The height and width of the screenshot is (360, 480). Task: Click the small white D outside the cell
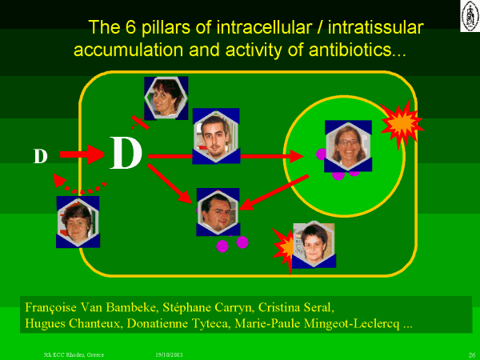[x=41, y=156]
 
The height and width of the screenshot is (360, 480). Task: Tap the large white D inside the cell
[x=126, y=153]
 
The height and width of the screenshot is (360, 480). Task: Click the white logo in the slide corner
[x=470, y=16]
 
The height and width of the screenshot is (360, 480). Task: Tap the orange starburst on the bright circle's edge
[x=402, y=123]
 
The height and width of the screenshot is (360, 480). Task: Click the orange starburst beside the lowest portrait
[x=284, y=249]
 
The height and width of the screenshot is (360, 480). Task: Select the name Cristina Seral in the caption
[x=294, y=307]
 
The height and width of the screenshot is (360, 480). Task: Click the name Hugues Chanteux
[x=72, y=323]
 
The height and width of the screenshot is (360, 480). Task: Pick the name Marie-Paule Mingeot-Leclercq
[x=317, y=324]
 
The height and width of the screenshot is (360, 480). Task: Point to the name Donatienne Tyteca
[x=178, y=323]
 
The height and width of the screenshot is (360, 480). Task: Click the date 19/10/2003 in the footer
[x=169, y=354]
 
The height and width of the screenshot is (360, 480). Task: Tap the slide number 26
[x=472, y=354]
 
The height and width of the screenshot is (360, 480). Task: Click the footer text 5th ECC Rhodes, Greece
[x=74, y=354]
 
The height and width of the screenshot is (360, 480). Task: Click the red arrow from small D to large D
[x=82, y=154]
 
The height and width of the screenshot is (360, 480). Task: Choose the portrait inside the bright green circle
[x=348, y=146]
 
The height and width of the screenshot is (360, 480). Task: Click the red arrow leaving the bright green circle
[x=274, y=193]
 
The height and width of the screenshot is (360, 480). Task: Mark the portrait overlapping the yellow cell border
[x=78, y=222]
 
